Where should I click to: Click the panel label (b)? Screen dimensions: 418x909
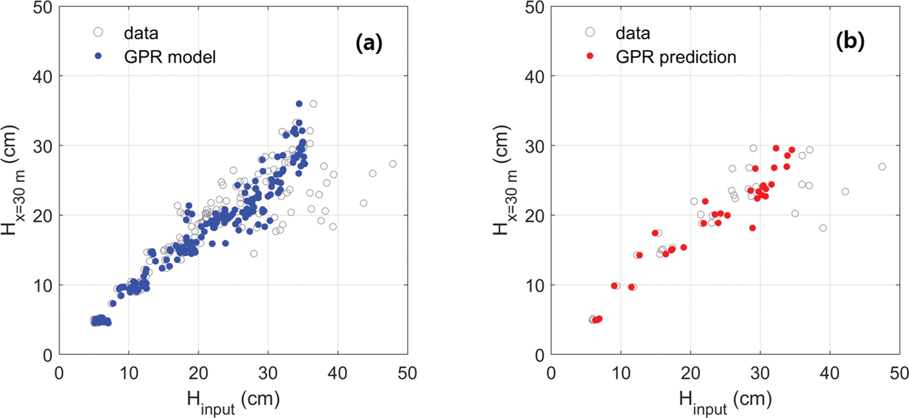coord(850,41)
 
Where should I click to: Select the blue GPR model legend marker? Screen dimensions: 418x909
coord(98,56)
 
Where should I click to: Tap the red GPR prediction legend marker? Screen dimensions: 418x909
coord(590,56)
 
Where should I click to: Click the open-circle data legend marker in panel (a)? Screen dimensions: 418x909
coord(98,32)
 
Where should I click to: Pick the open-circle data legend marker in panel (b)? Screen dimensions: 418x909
coord(590,32)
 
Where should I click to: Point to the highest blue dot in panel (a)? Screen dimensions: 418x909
coord(299,104)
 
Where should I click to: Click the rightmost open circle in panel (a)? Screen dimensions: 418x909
coord(393,164)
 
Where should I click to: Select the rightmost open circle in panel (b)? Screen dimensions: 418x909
coord(882,167)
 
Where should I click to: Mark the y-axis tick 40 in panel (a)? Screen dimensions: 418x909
coord(43,77)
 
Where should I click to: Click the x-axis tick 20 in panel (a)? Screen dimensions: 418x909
coord(198,374)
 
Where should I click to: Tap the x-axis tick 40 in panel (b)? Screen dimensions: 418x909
coord(830,374)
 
